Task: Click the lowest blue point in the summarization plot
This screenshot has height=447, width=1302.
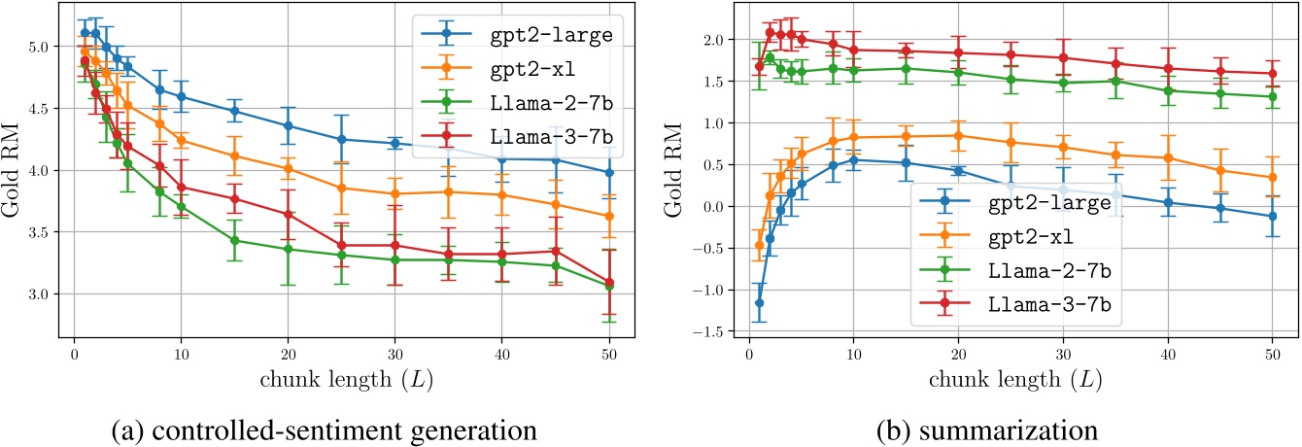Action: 759,303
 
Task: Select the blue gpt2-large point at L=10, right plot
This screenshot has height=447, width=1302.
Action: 854,160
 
